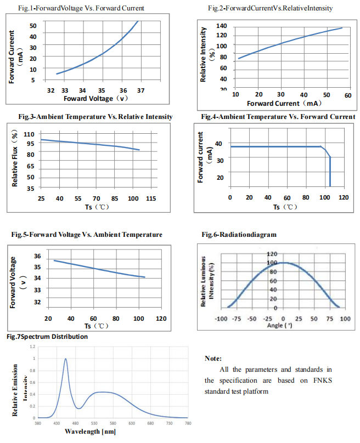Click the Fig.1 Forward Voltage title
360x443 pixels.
(x=81, y=8)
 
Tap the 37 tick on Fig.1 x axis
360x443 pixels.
(x=140, y=90)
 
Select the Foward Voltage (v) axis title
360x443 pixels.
(x=95, y=99)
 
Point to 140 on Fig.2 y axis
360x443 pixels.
(x=222, y=26)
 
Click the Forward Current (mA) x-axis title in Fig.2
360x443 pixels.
(x=284, y=103)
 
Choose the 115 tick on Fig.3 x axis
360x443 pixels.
(x=151, y=198)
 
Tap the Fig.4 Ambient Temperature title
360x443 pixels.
(x=278, y=117)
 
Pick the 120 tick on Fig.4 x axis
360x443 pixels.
(x=344, y=197)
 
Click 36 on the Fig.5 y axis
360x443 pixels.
(x=37, y=256)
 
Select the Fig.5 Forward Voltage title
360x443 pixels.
(x=87, y=235)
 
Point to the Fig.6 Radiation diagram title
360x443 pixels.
(x=239, y=235)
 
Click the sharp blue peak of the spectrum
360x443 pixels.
(x=66, y=359)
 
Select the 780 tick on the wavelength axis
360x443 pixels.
(x=188, y=424)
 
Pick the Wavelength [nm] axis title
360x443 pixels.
(x=90, y=431)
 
